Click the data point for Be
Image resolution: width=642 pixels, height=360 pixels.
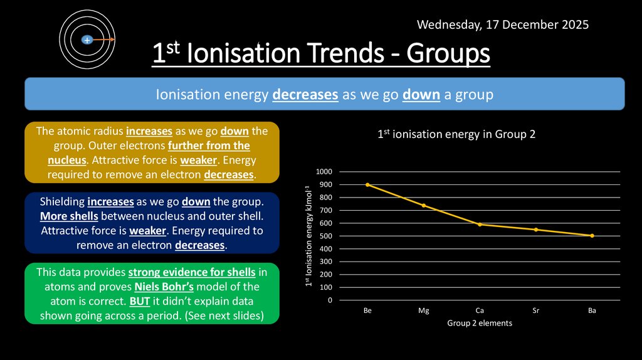pos(367,185)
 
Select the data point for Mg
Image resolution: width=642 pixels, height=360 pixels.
pos(424,205)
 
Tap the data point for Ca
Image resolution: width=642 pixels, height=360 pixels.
pos(480,225)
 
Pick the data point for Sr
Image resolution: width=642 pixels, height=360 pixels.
pos(536,230)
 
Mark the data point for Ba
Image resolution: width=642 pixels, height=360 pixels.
pos(592,236)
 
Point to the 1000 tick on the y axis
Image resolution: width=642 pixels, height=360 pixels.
pos(324,172)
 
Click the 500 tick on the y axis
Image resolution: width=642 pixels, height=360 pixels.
pos(326,236)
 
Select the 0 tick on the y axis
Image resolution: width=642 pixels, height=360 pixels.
pos(330,300)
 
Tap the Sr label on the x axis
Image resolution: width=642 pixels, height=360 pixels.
pos(536,310)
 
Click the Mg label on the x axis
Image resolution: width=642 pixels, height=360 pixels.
pos(424,310)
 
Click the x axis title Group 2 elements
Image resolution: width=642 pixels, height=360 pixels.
pos(480,323)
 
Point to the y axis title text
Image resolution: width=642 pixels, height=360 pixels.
pos(308,236)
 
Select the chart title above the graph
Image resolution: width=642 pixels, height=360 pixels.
pos(456,134)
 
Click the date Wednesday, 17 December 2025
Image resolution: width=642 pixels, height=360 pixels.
pos(502,25)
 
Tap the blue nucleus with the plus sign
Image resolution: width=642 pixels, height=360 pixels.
pos(87,40)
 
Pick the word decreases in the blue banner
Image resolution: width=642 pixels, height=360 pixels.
pos(306,95)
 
